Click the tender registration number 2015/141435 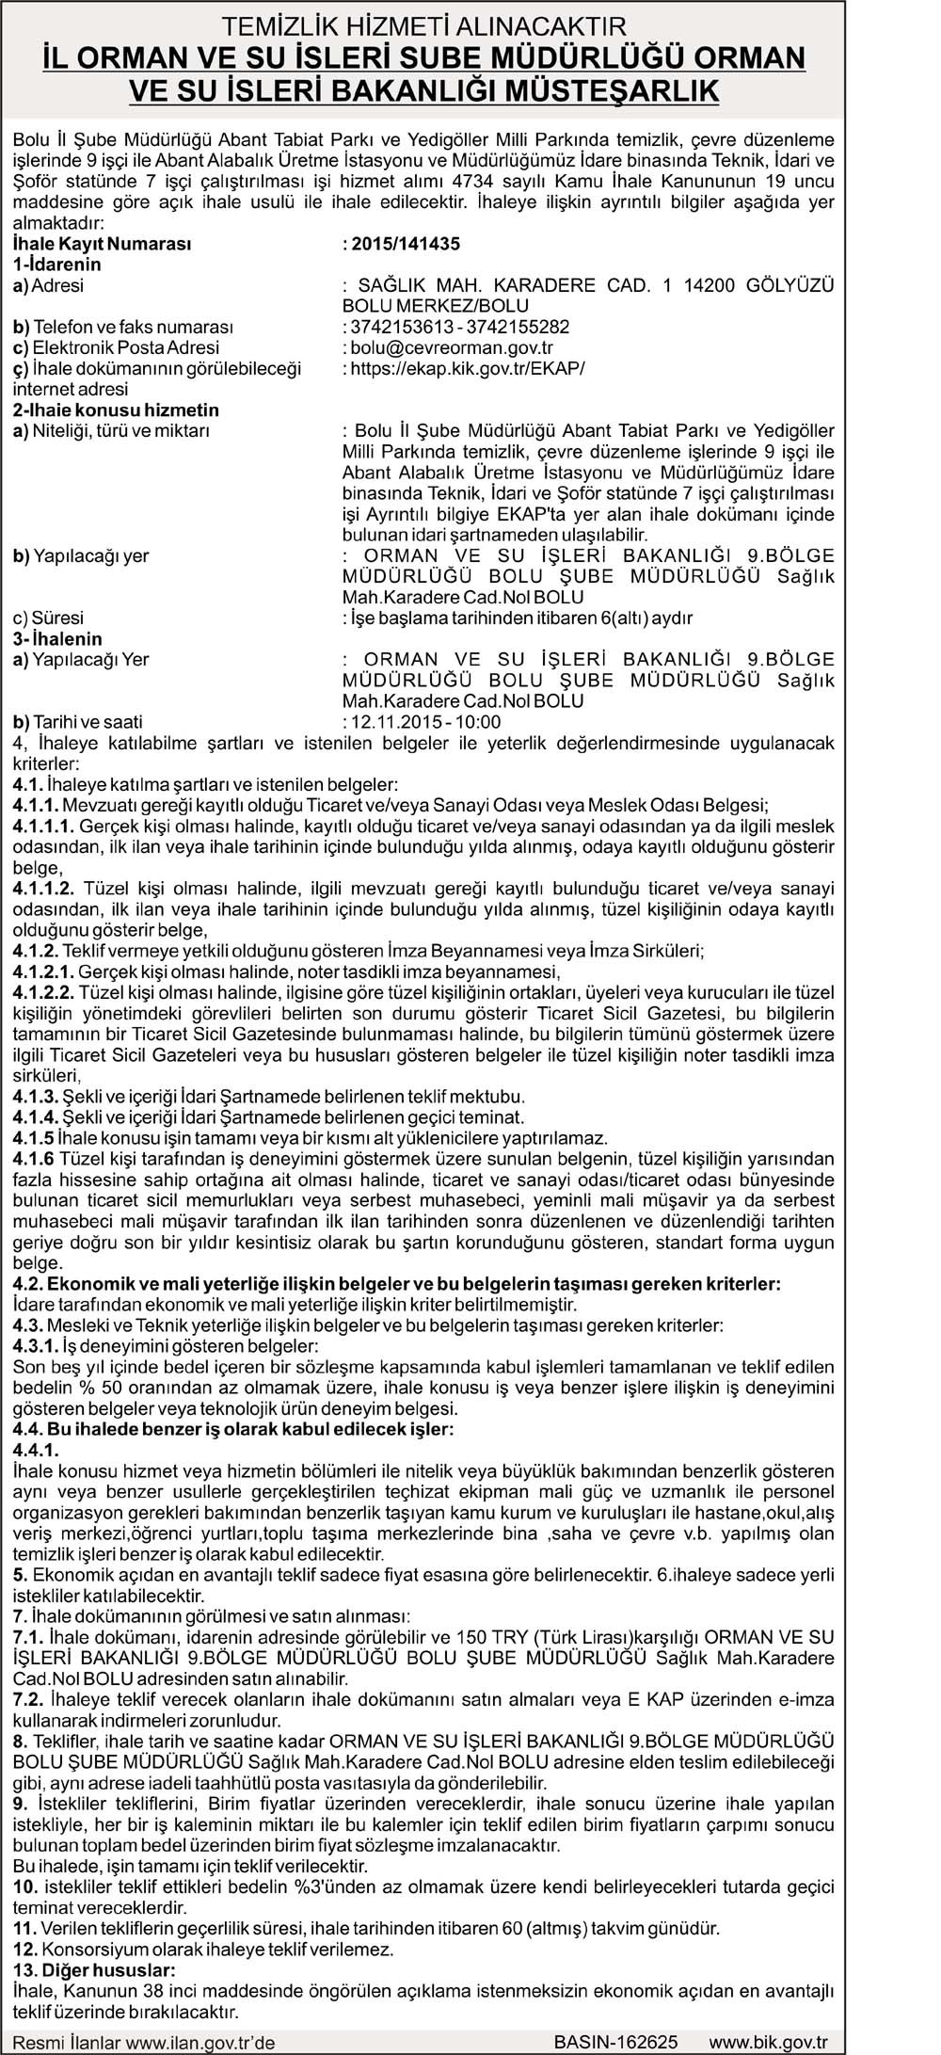click(x=405, y=244)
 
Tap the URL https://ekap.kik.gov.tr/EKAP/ click(x=467, y=368)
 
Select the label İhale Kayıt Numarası click(x=102, y=244)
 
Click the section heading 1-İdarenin click(x=56, y=265)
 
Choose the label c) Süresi click(x=48, y=618)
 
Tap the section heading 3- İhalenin click(x=57, y=639)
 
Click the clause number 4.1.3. click(x=36, y=1097)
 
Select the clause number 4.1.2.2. click(x=43, y=993)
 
